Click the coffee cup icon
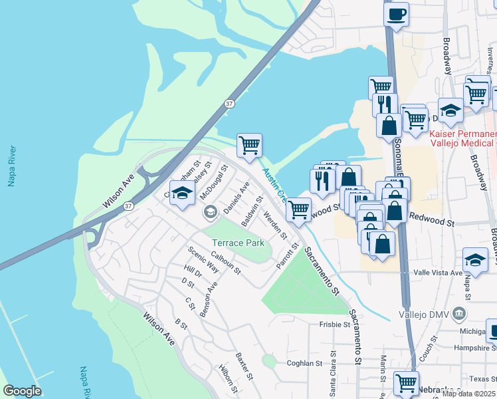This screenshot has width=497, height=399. pos(397,14)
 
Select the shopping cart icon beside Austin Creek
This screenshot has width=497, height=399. pos(249,145)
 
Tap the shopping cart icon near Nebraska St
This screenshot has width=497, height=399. pos(406,383)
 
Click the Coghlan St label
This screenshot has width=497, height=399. pos(304,363)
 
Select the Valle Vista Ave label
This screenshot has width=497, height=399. pos(438,273)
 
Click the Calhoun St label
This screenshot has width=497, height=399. pos(225,262)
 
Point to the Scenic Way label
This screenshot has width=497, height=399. pos(203,259)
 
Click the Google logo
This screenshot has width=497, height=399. pos(22,391)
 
